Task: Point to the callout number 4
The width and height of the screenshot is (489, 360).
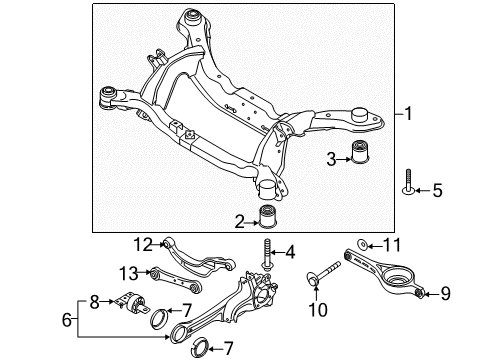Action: (x=290, y=251)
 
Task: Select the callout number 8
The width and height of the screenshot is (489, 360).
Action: (x=95, y=300)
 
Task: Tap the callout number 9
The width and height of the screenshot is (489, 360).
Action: (x=445, y=294)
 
